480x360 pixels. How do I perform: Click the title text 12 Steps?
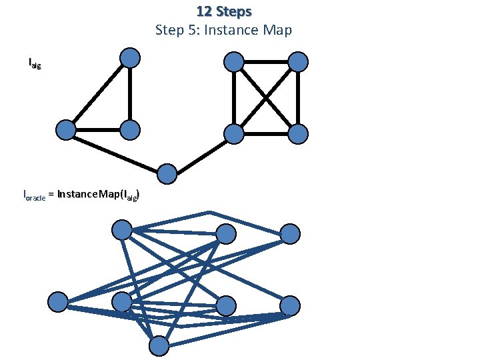[x=224, y=12]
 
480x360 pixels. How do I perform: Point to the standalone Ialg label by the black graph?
[x=34, y=64]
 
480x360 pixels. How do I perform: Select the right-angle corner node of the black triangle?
[x=131, y=129]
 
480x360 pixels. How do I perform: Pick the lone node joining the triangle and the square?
[x=167, y=174]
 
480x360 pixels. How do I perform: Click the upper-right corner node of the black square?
[x=298, y=62]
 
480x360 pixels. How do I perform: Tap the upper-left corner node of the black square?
[x=233, y=62]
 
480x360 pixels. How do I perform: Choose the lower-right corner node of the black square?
[x=298, y=134]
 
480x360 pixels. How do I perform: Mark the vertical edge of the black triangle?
[x=131, y=93]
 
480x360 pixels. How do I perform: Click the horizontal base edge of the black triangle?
[x=98, y=129]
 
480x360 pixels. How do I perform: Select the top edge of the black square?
[x=266, y=62]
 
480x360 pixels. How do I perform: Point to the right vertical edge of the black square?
[x=298, y=98]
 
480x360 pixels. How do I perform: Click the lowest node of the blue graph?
[x=159, y=345]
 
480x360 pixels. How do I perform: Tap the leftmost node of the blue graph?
[x=58, y=302]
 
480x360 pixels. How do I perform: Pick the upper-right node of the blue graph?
[x=290, y=233]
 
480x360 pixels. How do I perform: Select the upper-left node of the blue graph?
[x=122, y=230]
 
